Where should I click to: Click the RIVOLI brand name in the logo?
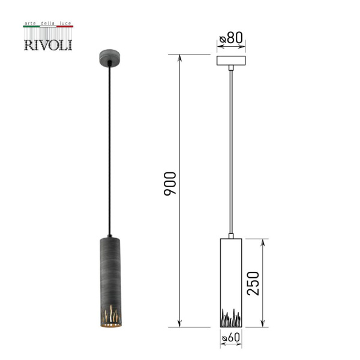click(x=48, y=45)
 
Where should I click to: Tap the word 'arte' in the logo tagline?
click(x=30, y=23)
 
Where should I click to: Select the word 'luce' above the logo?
click(x=65, y=23)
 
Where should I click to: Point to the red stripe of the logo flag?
click(x=65, y=26)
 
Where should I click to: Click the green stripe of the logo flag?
click(x=31, y=26)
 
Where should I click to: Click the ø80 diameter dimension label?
click(x=231, y=38)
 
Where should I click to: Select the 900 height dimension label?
click(x=170, y=184)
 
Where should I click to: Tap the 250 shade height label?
click(x=253, y=283)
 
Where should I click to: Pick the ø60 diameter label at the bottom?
click(x=231, y=337)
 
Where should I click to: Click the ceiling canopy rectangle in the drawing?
click(x=231, y=61)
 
